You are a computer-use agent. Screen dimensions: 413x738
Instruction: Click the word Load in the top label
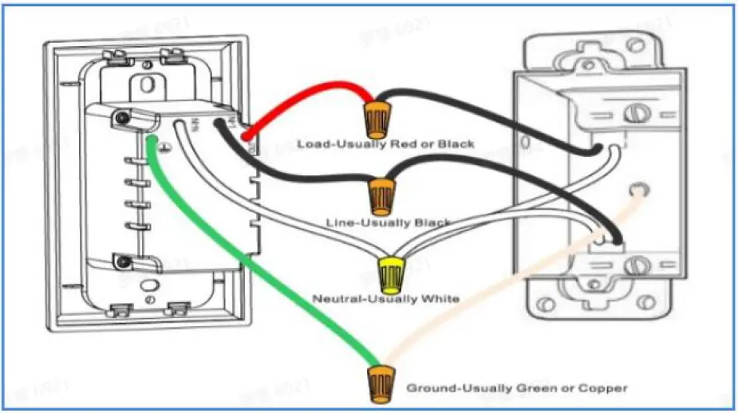[311, 144]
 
